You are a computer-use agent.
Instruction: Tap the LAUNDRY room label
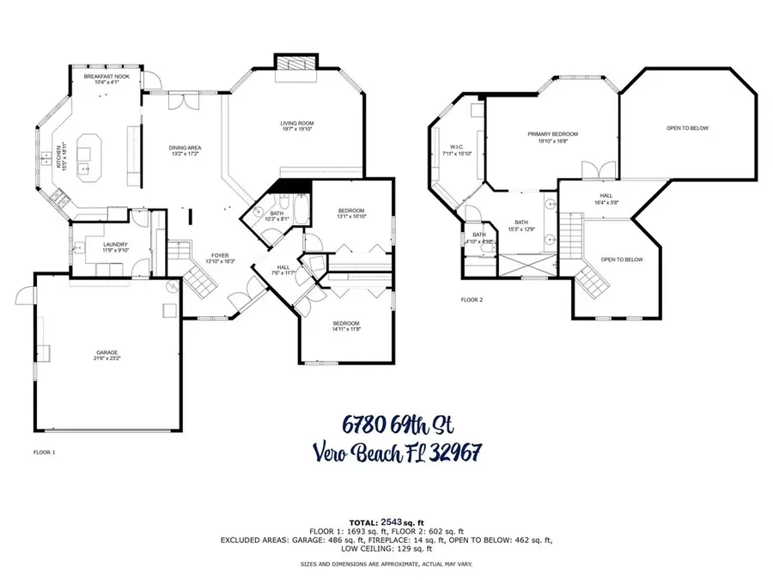click(x=115, y=244)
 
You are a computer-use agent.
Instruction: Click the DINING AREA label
click(x=185, y=148)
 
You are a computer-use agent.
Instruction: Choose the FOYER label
click(x=222, y=255)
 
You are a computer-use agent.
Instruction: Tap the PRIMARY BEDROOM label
click(x=552, y=134)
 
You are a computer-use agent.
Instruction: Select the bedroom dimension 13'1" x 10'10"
click(x=351, y=217)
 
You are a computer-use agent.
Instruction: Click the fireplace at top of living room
click(x=294, y=64)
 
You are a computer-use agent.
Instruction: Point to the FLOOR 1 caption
click(x=44, y=451)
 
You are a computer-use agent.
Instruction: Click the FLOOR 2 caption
click(x=472, y=300)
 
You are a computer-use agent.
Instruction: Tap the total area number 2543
click(x=391, y=522)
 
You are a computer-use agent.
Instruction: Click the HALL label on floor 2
click(x=606, y=196)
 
